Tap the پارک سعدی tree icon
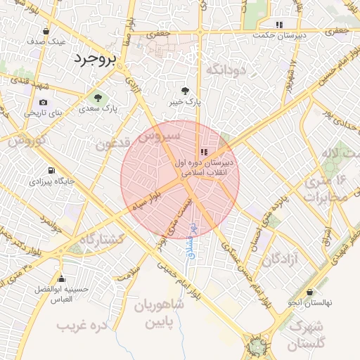[x=98, y=97]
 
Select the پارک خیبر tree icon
[x=185, y=91]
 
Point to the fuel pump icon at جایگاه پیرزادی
[x=51, y=171]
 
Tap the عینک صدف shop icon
[x=46, y=31]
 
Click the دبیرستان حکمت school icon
[x=280, y=23]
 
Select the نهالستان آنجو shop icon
[x=311, y=291]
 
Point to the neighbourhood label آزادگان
[x=281, y=260]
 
